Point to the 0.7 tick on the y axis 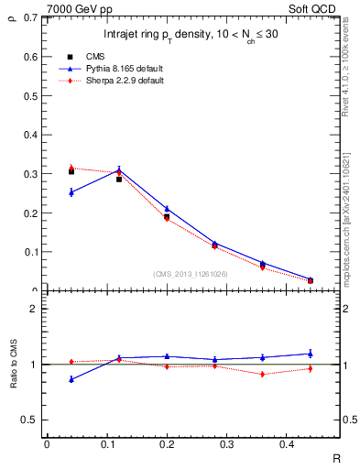point(33,17)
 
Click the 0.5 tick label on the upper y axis point(33,95)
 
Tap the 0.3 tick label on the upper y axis point(33,174)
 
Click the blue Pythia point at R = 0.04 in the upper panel point(71,192)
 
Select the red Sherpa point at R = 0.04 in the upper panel point(71,168)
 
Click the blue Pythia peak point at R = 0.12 point(119,169)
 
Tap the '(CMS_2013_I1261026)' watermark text point(190,273)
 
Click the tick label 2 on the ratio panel point(33,309)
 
